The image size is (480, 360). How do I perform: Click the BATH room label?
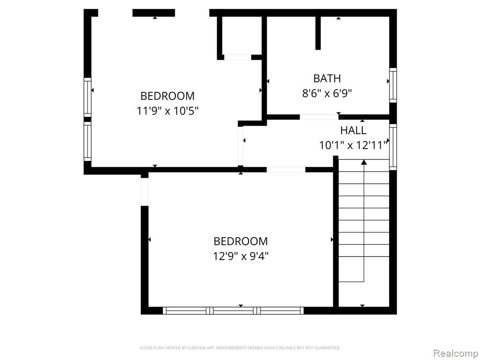[327, 79]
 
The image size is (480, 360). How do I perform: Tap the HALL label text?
[353, 130]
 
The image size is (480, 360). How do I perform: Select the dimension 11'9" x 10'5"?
[167, 111]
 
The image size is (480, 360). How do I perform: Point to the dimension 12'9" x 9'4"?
[241, 256]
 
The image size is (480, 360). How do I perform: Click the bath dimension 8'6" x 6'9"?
[327, 93]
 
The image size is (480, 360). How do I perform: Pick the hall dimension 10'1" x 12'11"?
[353, 145]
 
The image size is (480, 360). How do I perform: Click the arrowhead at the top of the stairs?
[364, 162]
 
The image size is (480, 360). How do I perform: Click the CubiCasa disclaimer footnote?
[240, 348]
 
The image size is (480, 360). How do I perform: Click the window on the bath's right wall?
[393, 85]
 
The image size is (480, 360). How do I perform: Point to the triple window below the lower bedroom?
[233, 310]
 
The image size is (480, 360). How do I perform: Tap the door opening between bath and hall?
[319, 117]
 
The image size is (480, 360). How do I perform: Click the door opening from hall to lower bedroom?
[286, 170]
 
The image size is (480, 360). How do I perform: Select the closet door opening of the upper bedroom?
[238, 57]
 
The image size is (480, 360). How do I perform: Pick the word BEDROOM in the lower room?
[240, 241]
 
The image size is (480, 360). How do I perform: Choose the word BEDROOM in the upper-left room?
[167, 96]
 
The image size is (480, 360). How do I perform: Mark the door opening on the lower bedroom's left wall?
[144, 192]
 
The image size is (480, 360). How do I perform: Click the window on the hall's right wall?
[393, 147]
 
